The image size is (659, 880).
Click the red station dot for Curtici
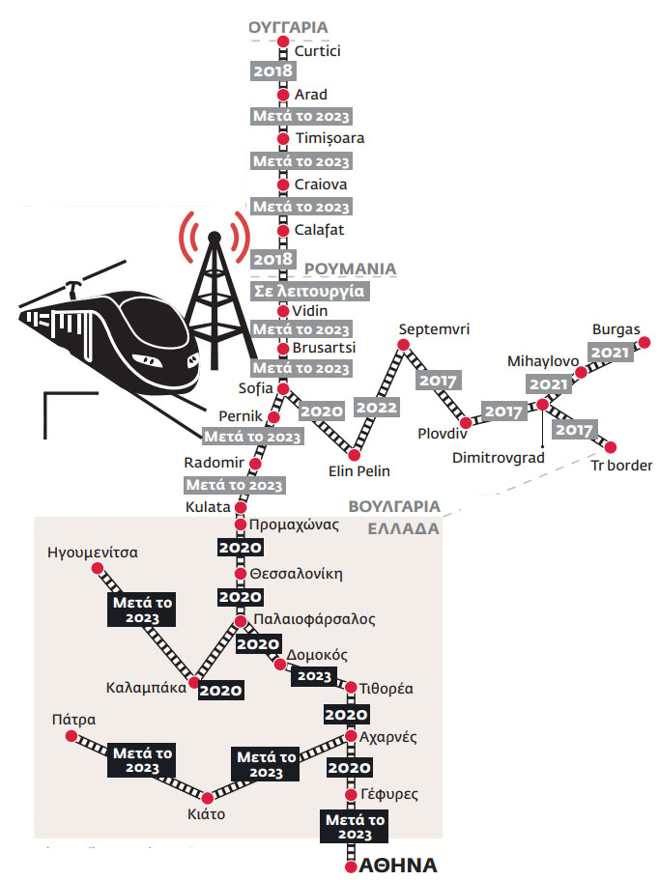283,42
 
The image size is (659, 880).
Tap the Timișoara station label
330,138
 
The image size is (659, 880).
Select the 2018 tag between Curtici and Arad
272,71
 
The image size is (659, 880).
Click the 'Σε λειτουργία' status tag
309,292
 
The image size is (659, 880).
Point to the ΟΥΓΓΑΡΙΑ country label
288,27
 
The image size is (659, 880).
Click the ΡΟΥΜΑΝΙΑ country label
350,269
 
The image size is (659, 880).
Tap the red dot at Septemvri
404,345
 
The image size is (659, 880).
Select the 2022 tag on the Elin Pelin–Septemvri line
376,408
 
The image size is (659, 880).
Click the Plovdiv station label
443,434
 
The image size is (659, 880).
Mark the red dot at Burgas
645,342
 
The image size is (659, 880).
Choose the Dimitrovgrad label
499,458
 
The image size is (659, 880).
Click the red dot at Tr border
611,447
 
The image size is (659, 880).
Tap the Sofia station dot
283,389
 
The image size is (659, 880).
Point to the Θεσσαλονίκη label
297,574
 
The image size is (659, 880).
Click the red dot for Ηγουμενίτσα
97,569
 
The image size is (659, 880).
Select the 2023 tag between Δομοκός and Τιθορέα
314,676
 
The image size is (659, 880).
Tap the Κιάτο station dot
208,798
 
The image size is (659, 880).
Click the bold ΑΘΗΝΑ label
398,865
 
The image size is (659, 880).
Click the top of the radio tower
214,238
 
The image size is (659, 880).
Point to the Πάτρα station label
73,720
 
